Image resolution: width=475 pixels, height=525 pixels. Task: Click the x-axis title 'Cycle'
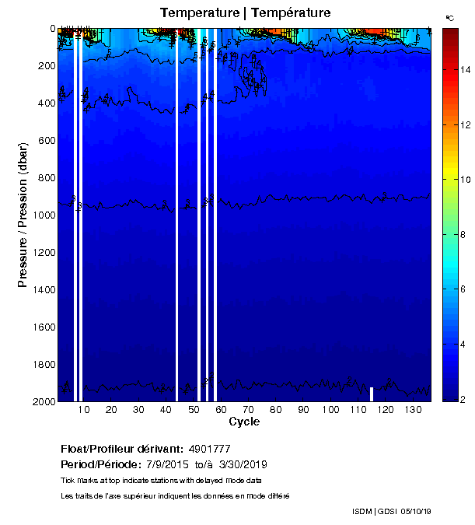[x=244, y=422]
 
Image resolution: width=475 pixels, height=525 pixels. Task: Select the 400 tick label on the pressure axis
[x=46, y=103]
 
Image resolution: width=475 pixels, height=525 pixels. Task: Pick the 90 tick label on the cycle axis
[x=302, y=410]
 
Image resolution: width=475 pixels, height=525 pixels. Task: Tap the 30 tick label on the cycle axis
[x=138, y=410]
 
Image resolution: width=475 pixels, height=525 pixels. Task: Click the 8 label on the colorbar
[x=463, y=235]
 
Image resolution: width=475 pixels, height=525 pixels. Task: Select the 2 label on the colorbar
[x=463, y=400]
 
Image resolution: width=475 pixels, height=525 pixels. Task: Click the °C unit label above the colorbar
[x=449, y=17]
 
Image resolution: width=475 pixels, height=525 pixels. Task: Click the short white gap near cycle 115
[x=372, y=394]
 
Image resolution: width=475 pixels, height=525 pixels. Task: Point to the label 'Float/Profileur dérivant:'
[x=121, y=449]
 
